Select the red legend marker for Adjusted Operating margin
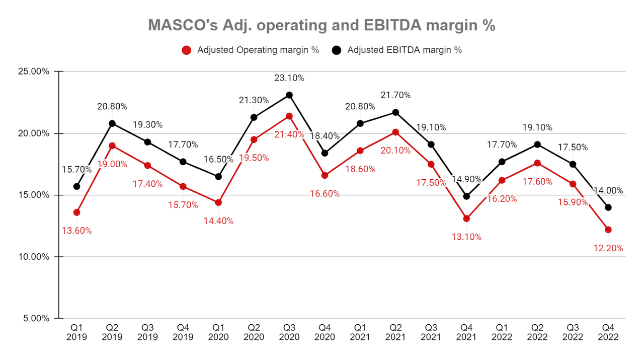tap(186, 50)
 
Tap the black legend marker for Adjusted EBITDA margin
tap(336, 50)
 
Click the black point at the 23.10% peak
tap(289, 95)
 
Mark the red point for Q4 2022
tap(608, 230)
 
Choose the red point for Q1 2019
tap(76, 212)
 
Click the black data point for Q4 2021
tap(466, 196)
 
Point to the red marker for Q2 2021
tap(395, 132)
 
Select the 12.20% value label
tap(608, 248)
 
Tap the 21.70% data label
tap(395, 95)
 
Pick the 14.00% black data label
tap(608, 191)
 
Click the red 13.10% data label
tap(466, 237)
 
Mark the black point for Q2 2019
tap(112, 123)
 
